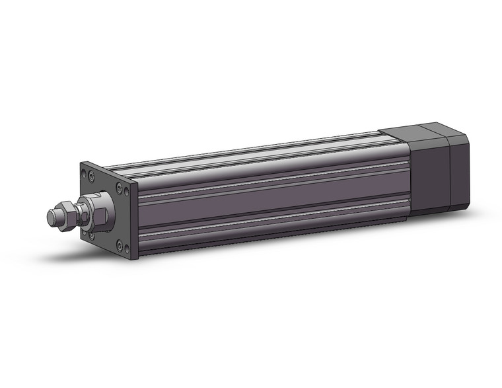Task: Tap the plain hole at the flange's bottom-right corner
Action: point(127,249)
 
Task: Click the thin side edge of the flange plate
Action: point(135,221)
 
